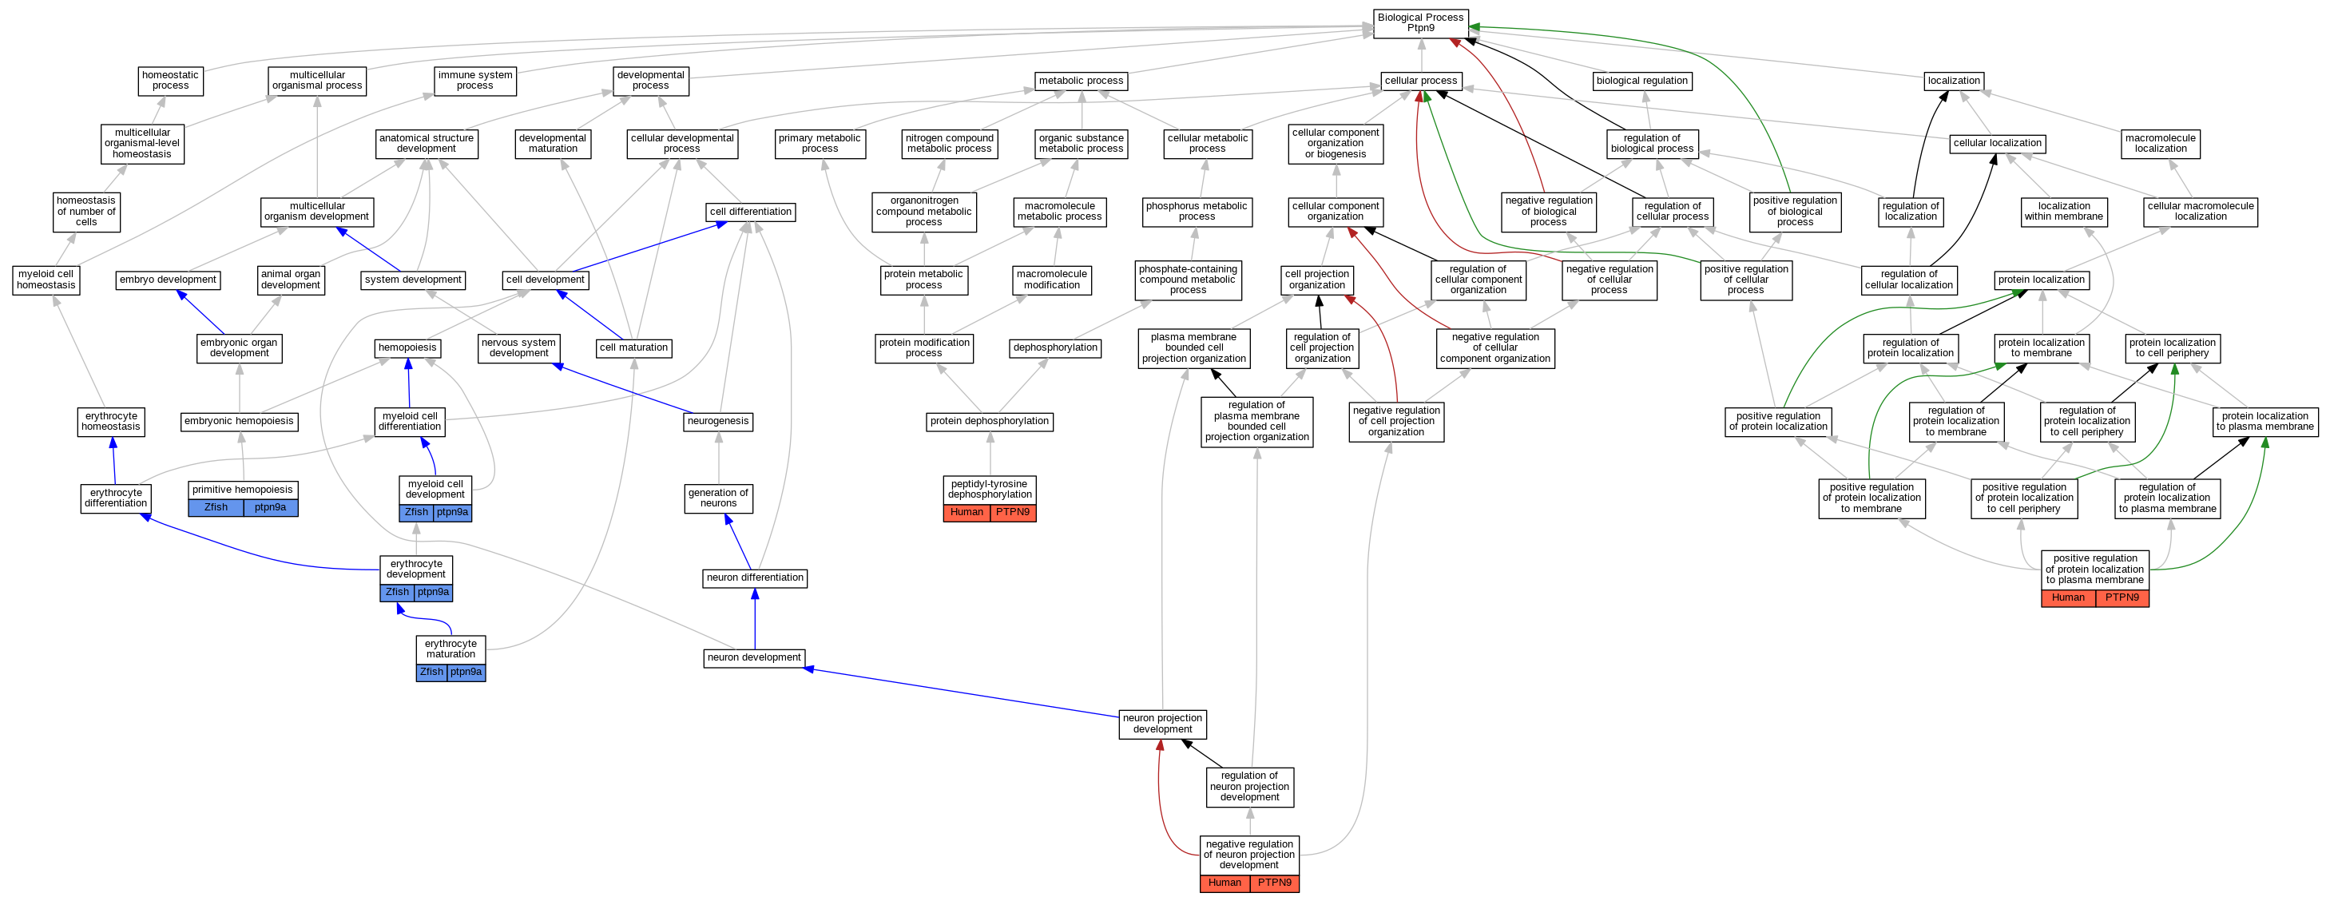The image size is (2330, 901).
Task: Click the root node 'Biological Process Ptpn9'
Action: pyautogui.click(x=1420, y=23)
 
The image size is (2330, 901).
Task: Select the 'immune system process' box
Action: pyautogui.click(x=474, y=81)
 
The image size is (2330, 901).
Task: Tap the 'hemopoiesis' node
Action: pyautogui.click(x=407, y=348)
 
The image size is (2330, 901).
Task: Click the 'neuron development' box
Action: pyautogui.click(x=753, y=657)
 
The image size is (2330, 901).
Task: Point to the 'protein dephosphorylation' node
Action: pyautogui.click(x=990, y=422)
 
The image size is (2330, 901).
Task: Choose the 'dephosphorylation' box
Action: pyautogui.click(x=1054, y=348)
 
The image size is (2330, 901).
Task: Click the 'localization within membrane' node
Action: pyautogui.click(x=2063, y=212)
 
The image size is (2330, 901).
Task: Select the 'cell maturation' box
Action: pyautogui.click(x=633, y=348)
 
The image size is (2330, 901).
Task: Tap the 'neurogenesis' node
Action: pyautogui.click(x=718, y=422)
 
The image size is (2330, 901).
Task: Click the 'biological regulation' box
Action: pyautogui.click(x=1641, y=81)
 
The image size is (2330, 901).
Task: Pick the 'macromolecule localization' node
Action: pyautogui.click(x=2160, y=144)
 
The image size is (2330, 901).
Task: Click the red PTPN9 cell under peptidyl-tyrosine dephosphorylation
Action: pyautogui.click(x=1012, y=513)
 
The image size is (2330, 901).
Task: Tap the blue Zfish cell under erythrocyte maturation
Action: pyautogui.click(x=431, y=672)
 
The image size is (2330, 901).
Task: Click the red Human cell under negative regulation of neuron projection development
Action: pyautogui.click(x=1225, y=883)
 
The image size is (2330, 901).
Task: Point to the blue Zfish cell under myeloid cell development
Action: pyautogui.click(x=416, y=513)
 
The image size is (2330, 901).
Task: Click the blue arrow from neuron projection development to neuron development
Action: pyautogui.click(x=959, y=692)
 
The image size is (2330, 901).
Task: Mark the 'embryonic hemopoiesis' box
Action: pyautogui.click(x=239, y=422)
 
